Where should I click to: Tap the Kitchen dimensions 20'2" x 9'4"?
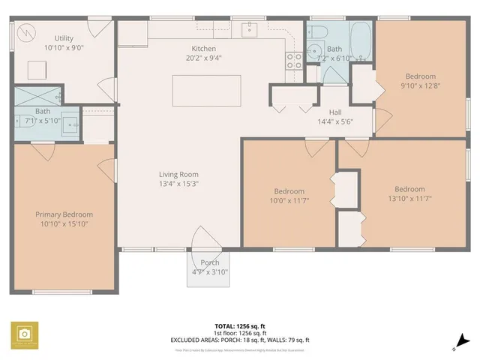pos(204,58)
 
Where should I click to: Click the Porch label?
pos(210,262)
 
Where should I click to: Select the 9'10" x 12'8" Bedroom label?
pos(420,76)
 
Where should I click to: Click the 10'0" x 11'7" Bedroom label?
pos(289,191)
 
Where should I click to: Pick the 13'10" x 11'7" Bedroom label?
pos(409,189)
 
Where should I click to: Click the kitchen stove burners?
pos(294,60)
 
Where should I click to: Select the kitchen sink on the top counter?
pos(250,28)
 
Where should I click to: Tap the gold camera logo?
pos(25,334)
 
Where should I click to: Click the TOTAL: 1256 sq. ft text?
pos(240,326)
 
